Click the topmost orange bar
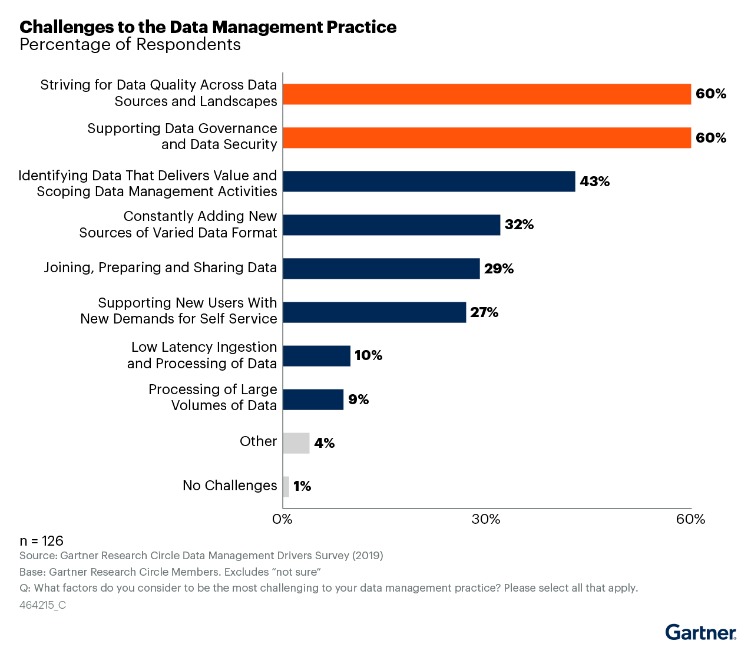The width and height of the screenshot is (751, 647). click(x=487, y=94)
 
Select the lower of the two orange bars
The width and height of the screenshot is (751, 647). click(x=487, y=138)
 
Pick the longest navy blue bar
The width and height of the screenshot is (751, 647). click(x=429, y=181)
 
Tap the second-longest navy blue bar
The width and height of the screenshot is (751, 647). click(x=392, y=225)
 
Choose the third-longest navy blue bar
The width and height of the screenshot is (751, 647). click(x=381, y=269)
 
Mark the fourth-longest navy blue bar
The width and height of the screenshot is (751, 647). click(x=375, y=312)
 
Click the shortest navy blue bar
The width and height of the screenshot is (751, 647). click(x=313, y=400)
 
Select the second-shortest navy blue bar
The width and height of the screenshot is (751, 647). click(x=317, y=356)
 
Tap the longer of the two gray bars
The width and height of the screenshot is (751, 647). click(x=296, y=443)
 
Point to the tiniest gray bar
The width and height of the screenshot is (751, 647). click(x=286, y=487)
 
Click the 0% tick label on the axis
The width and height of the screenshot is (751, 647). click(x=282, y=520)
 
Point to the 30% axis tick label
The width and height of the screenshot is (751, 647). click(x=487, y=520)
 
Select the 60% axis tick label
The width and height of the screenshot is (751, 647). click(x=691, y=520)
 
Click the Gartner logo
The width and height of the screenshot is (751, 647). click(x=701, y=632)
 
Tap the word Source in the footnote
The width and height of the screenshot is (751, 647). click(x=38, y=556)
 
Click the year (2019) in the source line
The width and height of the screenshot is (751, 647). click(x=368, y=556)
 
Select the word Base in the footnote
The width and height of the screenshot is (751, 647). click(x=32, y=572)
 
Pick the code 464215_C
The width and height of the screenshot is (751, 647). click(x=42, y=605)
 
